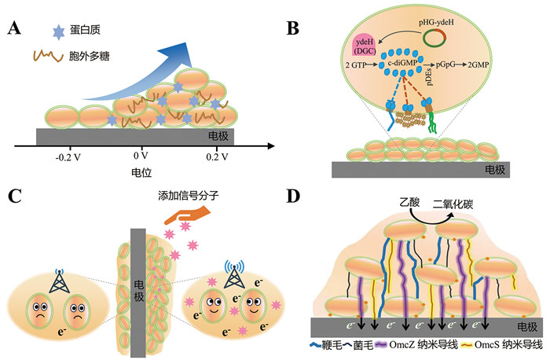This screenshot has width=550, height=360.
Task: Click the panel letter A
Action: pyautogui.click(x=13, y=31)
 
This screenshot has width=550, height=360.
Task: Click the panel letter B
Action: pyautogui.click(x=292, y=30)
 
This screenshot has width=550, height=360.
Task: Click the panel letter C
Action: pyautogui.click(x=13, y=195)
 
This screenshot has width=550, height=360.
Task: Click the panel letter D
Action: pyautogui.click(x=292, y=196)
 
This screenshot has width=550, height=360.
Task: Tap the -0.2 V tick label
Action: pyautogui.click(x=69, y=157)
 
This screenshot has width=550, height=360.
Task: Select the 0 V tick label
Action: pyautogui.click(x=141, y=157)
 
